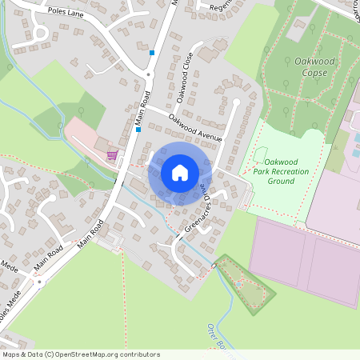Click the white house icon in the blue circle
pos(180,172)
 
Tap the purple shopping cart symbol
pos(112,155)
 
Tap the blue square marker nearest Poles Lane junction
pos(151,53)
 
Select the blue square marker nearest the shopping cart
pos(138,129)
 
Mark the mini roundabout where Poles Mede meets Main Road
pos(39,282)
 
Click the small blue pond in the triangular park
pos(238,283)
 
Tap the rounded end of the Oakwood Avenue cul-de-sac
pos(237,102)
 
